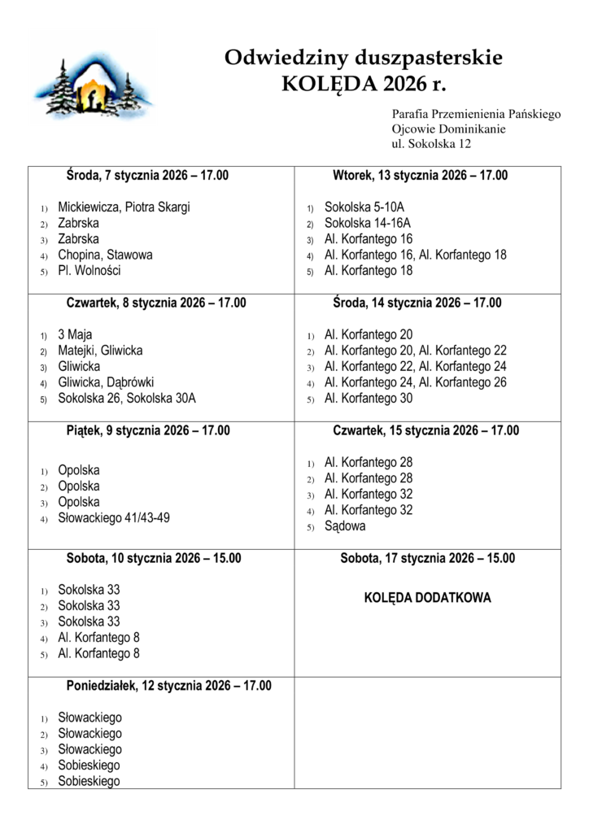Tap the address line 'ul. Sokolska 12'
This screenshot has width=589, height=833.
[x=431, y=144]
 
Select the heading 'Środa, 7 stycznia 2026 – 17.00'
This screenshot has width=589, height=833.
[x=147, y=176]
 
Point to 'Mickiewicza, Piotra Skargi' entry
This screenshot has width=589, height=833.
[x=124, y=207]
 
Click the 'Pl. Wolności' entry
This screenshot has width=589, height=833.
[x=89, y=271]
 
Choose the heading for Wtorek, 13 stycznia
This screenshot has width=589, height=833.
[x=420, y=176]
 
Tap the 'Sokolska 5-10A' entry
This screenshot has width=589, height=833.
[x=364, y=207]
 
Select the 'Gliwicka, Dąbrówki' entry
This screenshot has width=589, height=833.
[x=106, y=382]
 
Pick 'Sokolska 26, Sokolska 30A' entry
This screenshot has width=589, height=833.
[x=127, y=399]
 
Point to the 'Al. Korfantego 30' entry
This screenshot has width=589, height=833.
[x=369, y=399]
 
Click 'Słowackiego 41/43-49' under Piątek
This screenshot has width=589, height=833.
[x=114, y=517]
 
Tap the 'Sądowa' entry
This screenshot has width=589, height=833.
[x=345, y=526]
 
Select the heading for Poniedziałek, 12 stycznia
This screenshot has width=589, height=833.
[x=168, y=686]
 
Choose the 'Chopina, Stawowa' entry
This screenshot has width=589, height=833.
[x=105, y=255]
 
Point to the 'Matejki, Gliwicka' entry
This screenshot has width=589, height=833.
[x=100, y=351]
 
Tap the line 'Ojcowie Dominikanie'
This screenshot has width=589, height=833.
[x=448, y=129]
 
